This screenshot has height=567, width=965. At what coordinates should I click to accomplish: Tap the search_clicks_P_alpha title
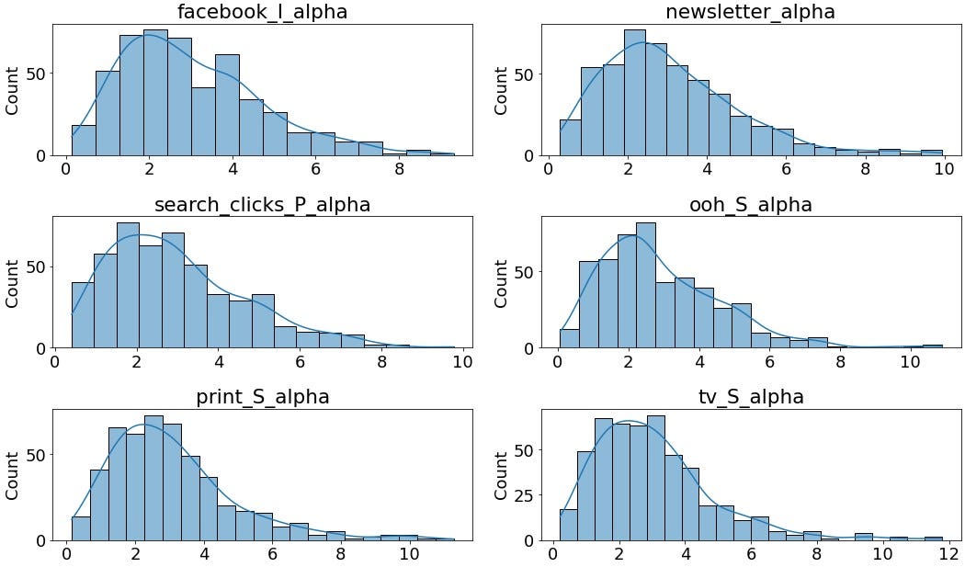point(263,205)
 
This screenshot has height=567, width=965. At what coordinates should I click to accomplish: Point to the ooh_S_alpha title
point(751,205)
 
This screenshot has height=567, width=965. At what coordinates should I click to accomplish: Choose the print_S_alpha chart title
point(263,397)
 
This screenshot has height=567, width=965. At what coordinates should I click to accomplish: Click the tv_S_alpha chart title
point(751,397)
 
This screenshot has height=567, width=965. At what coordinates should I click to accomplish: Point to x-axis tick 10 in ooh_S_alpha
point(910,363)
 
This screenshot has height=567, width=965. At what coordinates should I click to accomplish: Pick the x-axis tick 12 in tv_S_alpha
point(948,555)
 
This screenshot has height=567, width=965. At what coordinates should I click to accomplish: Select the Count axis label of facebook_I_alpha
point(13,90)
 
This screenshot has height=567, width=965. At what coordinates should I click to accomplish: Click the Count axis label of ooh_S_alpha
point(502,283)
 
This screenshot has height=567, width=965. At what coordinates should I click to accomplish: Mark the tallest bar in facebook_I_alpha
point(155,92)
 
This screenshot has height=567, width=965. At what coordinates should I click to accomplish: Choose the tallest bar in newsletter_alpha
point(634,92)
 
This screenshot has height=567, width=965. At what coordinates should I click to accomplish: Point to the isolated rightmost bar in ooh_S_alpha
point(932,346)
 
